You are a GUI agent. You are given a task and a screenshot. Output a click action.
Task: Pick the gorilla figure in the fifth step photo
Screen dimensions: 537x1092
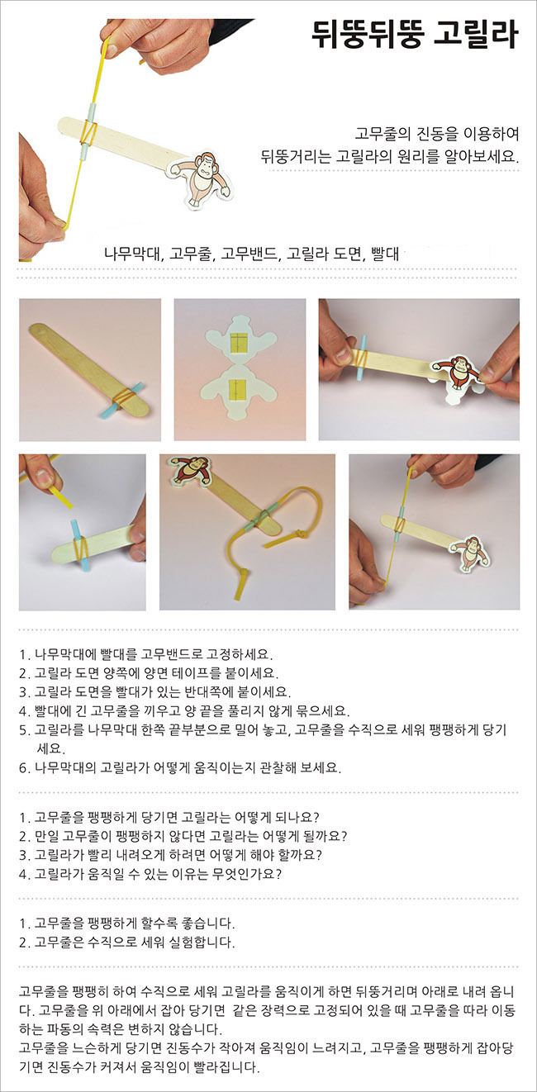click(x=190, y=472)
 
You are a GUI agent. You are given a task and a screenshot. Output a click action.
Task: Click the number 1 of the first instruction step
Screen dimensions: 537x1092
click(x=22, y=654)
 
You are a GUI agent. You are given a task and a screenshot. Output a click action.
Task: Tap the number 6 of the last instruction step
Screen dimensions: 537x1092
click(x=23, y=768)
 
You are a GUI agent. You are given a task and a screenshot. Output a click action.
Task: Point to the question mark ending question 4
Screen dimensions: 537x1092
click(x=278, y=874)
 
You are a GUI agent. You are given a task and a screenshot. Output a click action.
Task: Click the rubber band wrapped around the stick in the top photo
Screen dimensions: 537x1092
click(x=88, y=131)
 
